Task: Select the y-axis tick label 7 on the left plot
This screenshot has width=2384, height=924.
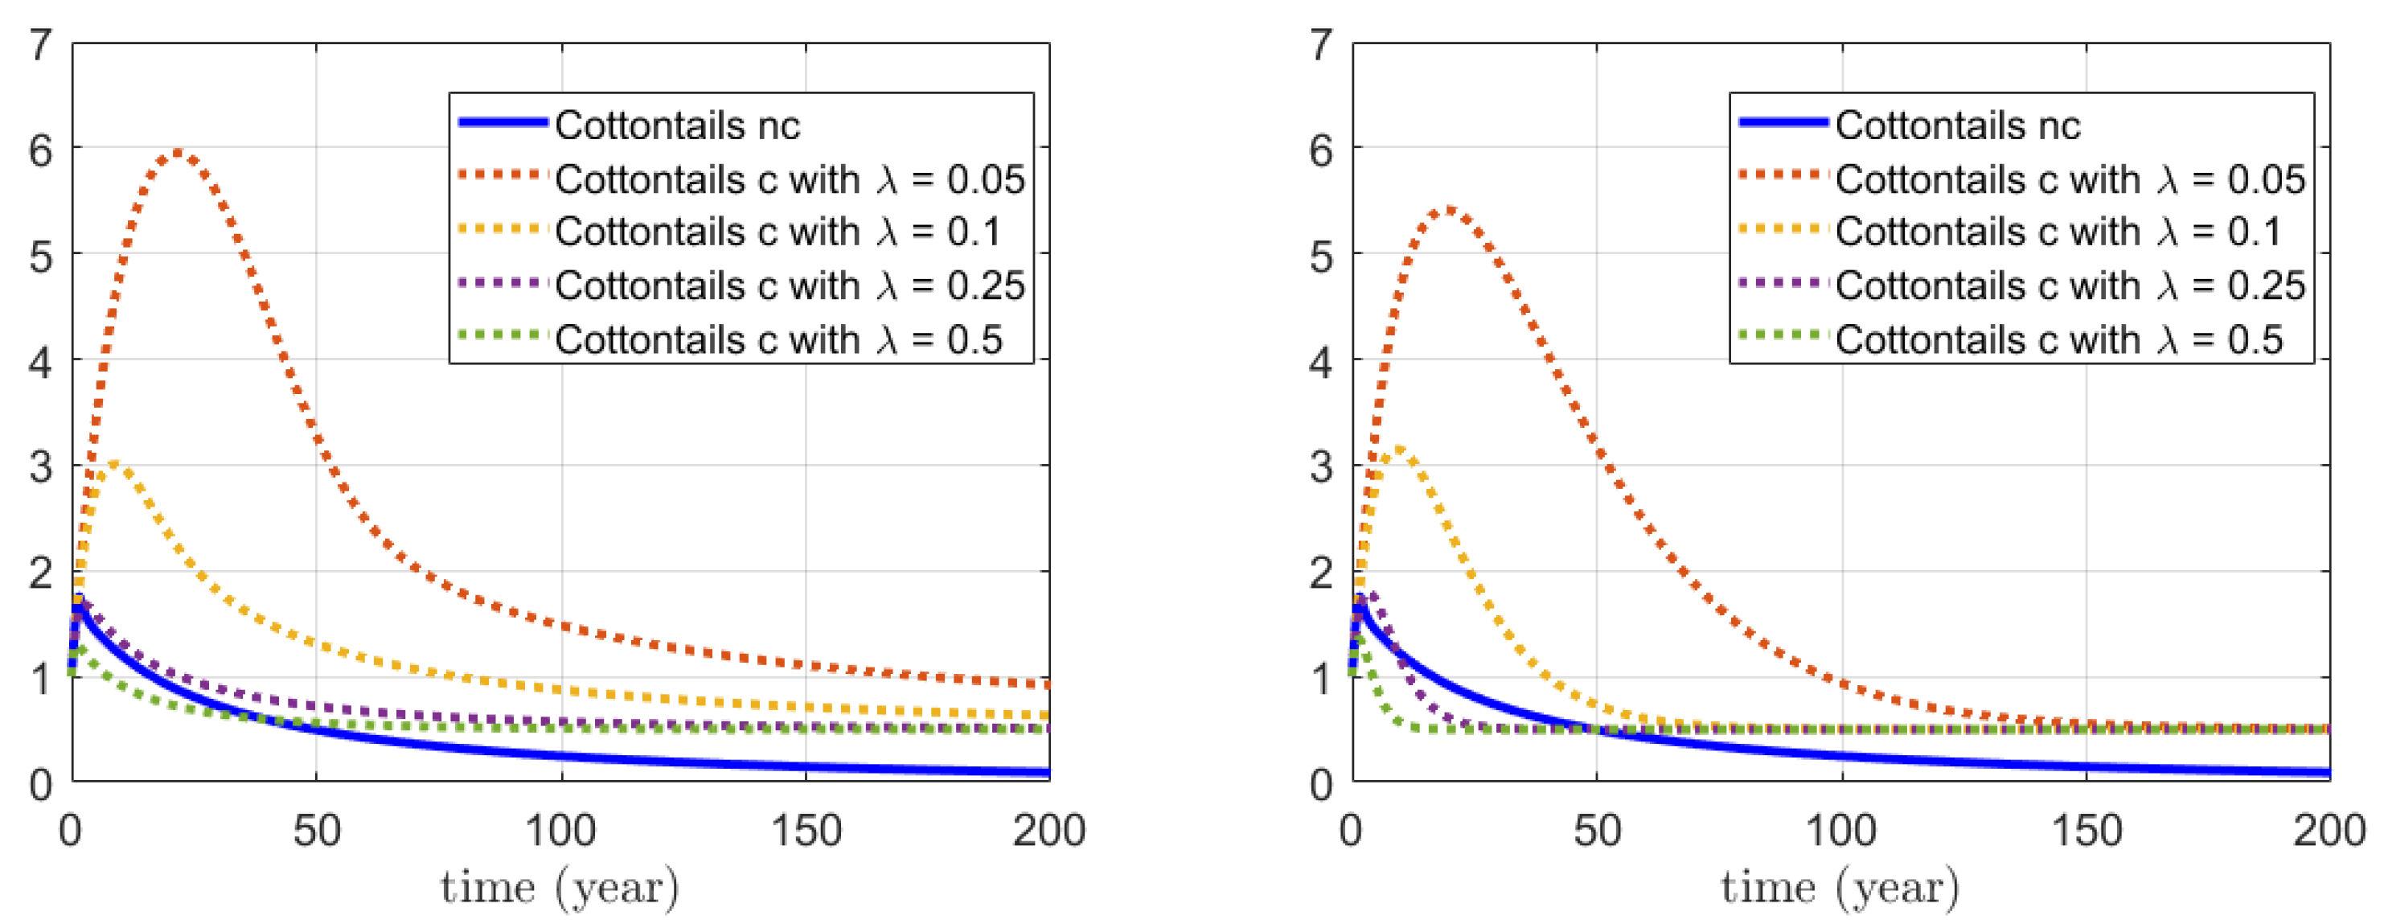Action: point(41,44)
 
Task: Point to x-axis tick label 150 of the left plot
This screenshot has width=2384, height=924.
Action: point(806,831)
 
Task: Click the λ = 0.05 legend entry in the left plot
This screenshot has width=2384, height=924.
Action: point(789,179)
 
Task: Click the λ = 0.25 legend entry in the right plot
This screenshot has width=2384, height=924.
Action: point(2070,285)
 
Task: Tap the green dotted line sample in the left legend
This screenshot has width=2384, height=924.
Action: point(500,335)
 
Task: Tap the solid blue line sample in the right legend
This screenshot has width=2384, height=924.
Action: point(1783,122)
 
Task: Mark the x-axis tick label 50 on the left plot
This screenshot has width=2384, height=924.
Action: point(317,831)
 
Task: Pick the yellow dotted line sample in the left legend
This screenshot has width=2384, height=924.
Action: point(500,228)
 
